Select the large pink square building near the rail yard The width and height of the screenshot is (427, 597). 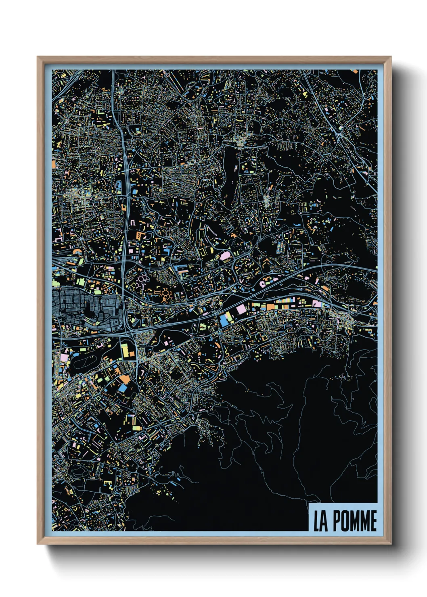(x=241, y=310)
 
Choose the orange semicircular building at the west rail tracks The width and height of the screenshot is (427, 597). (x=77, y=252)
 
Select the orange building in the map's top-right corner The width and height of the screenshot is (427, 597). (x=355, y=72)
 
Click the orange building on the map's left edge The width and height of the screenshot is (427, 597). (x=54, y=164)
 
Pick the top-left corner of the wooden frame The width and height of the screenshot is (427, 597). (x=38, y=57)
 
